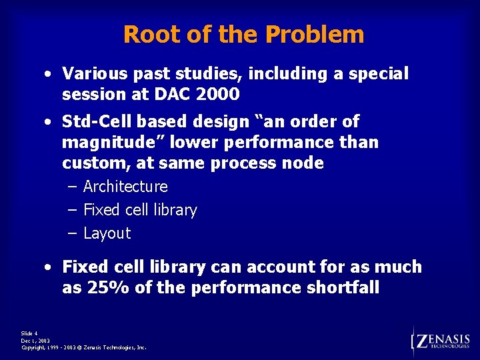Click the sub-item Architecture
tap(125, 187)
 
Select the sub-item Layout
tap(107, 233)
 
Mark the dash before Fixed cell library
tap(72, 211)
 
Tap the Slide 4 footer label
tap(30, 333)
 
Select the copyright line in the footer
tap(84, 347)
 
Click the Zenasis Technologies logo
tap(441, 341)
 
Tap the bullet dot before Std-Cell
tap(50, 122)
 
